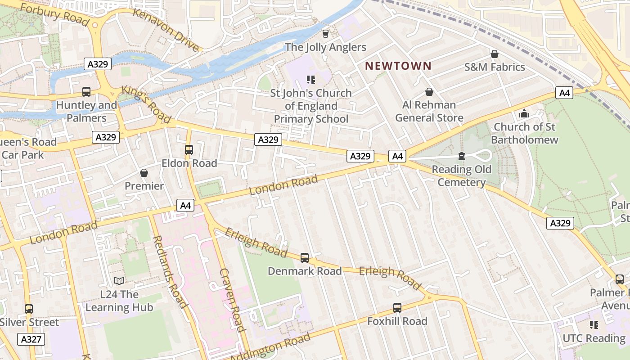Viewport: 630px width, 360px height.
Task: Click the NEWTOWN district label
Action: tap(398, 66)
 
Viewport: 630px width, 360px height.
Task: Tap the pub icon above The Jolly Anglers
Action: tap(325, 34)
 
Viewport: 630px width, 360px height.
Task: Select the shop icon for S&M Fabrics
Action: tap(495, 54)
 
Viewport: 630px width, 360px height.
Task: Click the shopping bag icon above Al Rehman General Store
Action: tap(429, 92)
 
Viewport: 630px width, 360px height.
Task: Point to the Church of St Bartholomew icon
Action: tap(524, 114)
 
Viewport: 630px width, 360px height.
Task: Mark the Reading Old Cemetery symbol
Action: tap(461, 156)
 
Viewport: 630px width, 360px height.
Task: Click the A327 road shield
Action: tap(31, 339)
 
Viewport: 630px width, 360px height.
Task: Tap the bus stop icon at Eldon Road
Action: tap(189, 150)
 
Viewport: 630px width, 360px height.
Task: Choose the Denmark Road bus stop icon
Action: tap(305, 258)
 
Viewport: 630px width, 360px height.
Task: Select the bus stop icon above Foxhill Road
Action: tap(397, 308)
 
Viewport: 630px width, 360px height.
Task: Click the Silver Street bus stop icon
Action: tap(29, 309)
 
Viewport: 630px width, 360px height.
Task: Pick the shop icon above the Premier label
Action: tap(144, 173)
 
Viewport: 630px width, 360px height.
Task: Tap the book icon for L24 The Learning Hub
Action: tap(119, 281)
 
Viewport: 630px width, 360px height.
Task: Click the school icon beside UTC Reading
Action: tap(594, 324)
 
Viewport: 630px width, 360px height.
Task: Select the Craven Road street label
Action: tap(232, 300)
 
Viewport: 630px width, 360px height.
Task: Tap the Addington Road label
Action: tap(270, 347)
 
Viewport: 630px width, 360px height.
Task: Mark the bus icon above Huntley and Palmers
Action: tap(86, 92)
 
